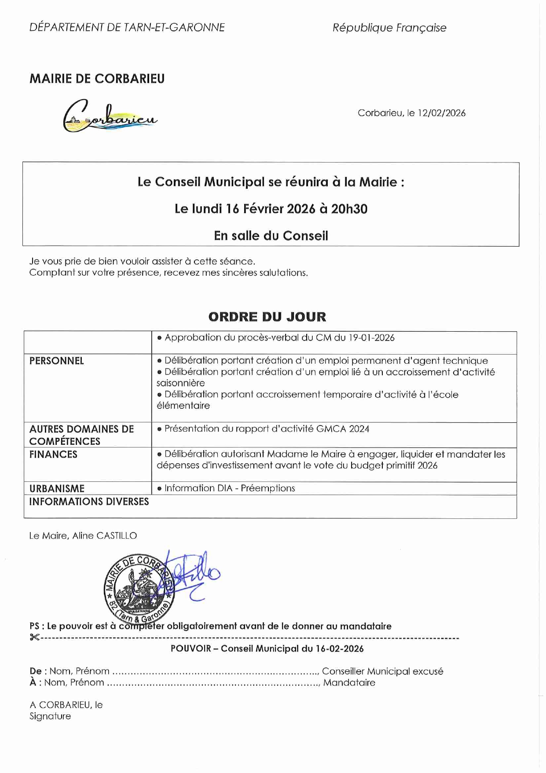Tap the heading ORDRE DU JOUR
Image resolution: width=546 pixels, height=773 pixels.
click(x=267, y=317)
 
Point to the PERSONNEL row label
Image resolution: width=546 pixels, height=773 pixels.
click(x=56, y=361)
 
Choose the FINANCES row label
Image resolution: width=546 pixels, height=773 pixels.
click(x=53, y=455)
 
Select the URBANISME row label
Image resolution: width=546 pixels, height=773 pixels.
click(x=57, y=488)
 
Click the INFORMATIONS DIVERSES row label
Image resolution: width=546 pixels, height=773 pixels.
click(x=89, y=502)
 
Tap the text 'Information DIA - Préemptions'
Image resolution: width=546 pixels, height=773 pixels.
click(x=229, y=488)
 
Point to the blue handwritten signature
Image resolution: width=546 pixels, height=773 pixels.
click(x=194, y=573)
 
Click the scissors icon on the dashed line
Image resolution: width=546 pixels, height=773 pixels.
click(x=34, y=637)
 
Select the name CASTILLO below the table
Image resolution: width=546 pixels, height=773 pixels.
click(x=117, y=536)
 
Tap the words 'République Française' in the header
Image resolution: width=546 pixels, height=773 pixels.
click(x=389, y=28)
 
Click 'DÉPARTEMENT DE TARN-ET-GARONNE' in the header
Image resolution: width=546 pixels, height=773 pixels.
click(x=127, y=27)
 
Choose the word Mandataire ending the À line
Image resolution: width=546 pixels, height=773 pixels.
click(x=349, y=683)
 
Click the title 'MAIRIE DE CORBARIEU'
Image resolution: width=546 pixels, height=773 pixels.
click(x=97, y=79)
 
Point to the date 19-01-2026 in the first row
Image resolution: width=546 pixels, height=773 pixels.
click(x=371, y=338)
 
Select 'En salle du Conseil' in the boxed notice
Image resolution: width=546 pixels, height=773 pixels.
click(x=271, y=236)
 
